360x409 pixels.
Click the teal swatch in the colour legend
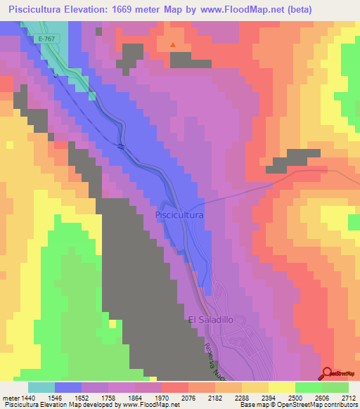point(41,387)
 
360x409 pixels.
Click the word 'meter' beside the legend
point(11,398)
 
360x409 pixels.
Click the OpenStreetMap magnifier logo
point(328,372)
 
